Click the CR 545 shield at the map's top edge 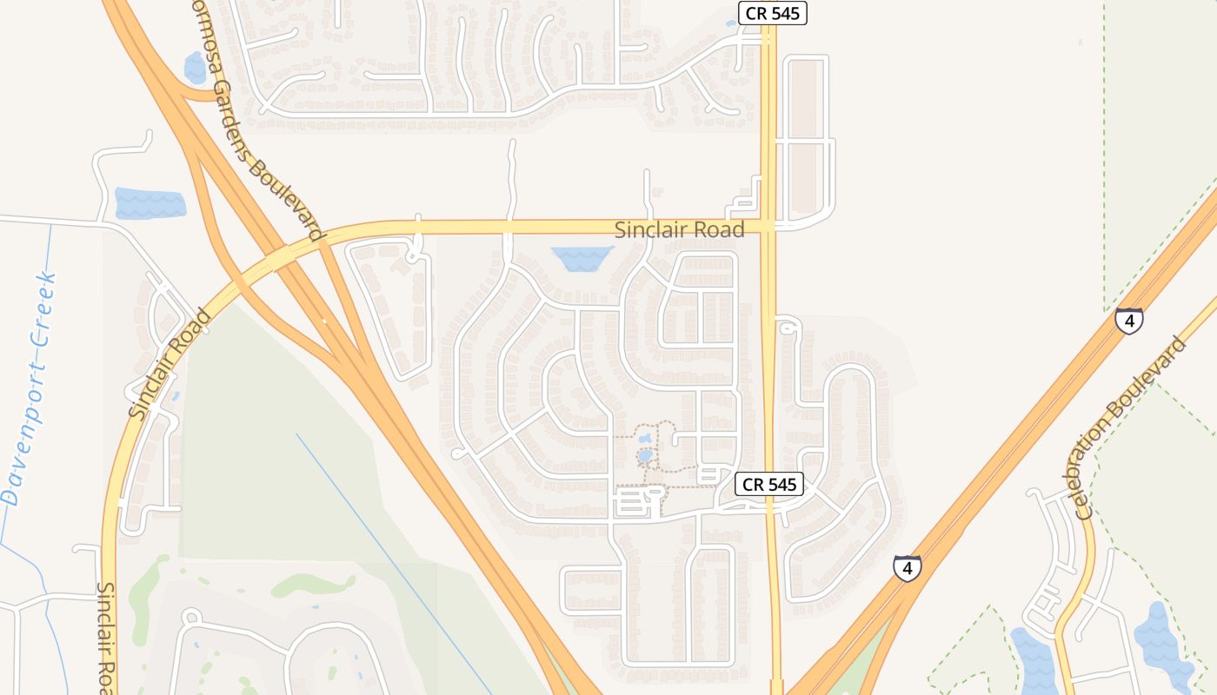coord(772,13)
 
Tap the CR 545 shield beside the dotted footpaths coord(769,485)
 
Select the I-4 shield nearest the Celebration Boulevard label coord(1128,321)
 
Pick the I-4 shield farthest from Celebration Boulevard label coord(907,568)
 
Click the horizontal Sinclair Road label coord(679,230)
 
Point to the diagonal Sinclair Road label coord(170,364)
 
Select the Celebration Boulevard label coord(1131,427)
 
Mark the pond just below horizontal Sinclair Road coord(582,257)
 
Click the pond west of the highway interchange coord(150,203)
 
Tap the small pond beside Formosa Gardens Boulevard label coord(195,68)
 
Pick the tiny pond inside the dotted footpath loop coord(644,455)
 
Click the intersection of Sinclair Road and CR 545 coord(768,226)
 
